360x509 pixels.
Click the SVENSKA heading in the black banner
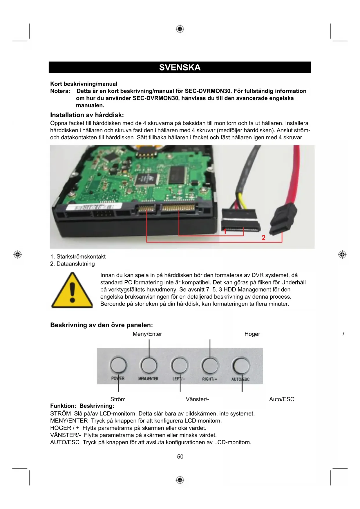tap(180, 67)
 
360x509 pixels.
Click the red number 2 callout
tap(263, 238)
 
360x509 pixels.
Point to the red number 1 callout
tap(225, 231)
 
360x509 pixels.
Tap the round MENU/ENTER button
tap(149, 366)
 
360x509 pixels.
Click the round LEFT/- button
tap(179, 366)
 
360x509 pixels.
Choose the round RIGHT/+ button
tap(210, 366)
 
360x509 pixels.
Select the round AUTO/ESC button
tap(240, 366)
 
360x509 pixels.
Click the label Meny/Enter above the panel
tap(147, 334)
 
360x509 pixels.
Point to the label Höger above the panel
tap(252, 334)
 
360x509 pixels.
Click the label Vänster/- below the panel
tap(197, 399)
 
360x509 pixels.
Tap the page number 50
tap(180, 456)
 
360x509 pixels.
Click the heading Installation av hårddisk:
tap(87, 115)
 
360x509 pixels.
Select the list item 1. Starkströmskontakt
tap(78, 257)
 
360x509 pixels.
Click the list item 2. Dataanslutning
tap(73, 264)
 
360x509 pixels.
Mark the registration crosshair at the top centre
tap(180, 29)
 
